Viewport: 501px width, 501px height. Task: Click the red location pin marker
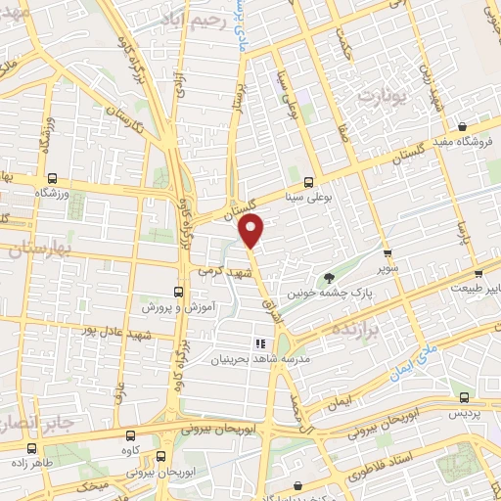(252, 231)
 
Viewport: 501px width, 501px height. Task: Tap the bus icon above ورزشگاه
(52, 179)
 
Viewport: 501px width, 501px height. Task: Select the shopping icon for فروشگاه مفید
(462, 125)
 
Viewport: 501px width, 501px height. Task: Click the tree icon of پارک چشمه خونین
(329, 276)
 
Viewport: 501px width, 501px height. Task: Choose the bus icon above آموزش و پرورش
(177, 292)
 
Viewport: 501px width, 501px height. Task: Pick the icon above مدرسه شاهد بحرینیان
(260, 343)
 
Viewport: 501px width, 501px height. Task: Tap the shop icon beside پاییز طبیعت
(478, 275)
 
